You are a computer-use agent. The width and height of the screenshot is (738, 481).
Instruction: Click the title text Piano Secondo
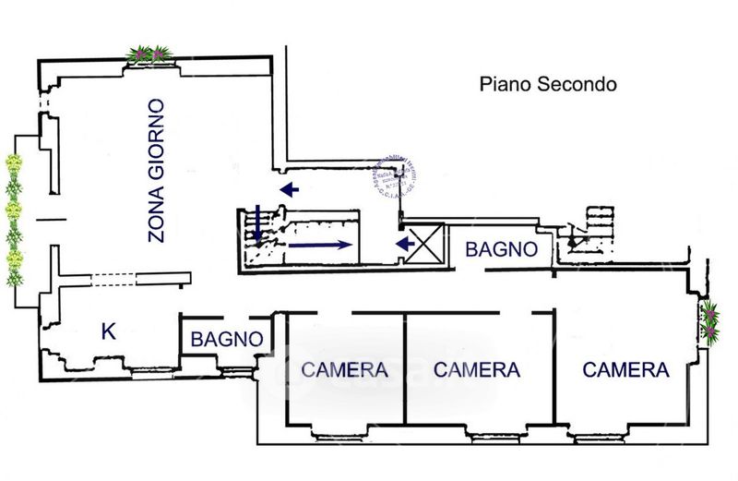tap(547, 85)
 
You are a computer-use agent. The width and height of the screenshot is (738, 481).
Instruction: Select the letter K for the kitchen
tap(109, 332)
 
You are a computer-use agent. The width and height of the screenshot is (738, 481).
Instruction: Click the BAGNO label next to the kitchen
tap(227, 339)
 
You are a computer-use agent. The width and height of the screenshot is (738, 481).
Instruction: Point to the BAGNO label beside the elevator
tap(501, 248)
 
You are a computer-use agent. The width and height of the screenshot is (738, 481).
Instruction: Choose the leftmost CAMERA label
tap(344, 370)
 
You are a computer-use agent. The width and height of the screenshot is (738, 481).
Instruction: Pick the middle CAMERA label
tap(476, 370)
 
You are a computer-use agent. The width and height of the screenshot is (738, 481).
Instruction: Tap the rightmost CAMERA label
tap(625, 370)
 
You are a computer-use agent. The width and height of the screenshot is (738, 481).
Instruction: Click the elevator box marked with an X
tap(425, 244)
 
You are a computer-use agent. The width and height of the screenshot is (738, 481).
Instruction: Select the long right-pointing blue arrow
tap(318, 245)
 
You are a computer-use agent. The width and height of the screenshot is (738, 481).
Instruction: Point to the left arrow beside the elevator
tap(403, 244)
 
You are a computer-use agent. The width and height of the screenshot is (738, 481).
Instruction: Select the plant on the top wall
tap(149, 54)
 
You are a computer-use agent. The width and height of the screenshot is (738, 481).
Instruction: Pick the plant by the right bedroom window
tap(710, 321)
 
